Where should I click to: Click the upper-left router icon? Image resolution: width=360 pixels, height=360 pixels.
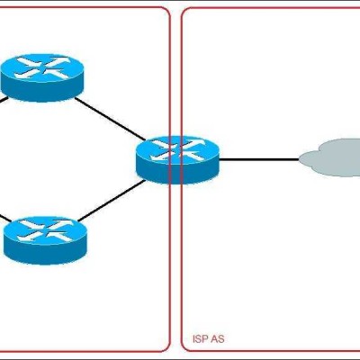42,77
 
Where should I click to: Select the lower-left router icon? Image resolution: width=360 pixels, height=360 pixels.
45,240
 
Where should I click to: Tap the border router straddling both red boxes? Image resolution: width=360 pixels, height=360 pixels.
177,160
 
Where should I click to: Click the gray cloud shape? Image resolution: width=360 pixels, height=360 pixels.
330,157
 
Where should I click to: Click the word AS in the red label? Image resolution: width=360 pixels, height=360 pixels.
218,339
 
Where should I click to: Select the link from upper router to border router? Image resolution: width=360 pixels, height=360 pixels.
110,119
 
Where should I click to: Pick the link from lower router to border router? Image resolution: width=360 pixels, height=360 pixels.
112,201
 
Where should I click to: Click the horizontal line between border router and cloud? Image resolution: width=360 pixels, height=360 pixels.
259,159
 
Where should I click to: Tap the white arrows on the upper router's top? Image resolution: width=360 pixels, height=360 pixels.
43,68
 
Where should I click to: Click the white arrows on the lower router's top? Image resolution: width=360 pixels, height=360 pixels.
46,231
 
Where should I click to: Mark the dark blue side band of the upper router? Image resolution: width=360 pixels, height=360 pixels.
42,90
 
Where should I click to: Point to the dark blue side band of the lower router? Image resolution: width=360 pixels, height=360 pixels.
45,253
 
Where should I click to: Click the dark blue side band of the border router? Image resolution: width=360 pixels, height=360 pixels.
177,173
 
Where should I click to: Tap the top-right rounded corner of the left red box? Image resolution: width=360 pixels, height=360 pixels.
166,11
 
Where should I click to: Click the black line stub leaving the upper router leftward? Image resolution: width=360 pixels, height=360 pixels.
4,101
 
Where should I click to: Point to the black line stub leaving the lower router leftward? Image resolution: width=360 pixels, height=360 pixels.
5,219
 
